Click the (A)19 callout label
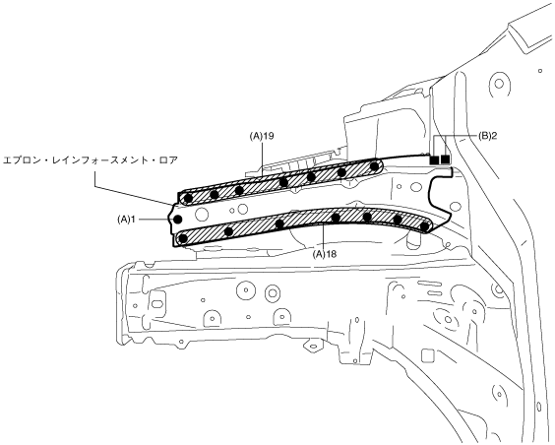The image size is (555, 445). click(x=262, y=136)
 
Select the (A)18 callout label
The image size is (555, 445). click(x=325, y=254)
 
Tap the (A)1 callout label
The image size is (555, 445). click(x=127, y=220)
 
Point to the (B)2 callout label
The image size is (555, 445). click(x=487, y=136)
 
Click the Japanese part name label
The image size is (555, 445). click(x=91, y=160)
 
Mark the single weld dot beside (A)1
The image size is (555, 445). click(x=178, y=220)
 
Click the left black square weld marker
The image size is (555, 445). click(x=434, y=159)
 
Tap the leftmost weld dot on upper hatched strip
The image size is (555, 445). click(x=188, y=198)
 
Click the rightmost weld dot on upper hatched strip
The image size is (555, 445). click(x=374, y=165)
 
